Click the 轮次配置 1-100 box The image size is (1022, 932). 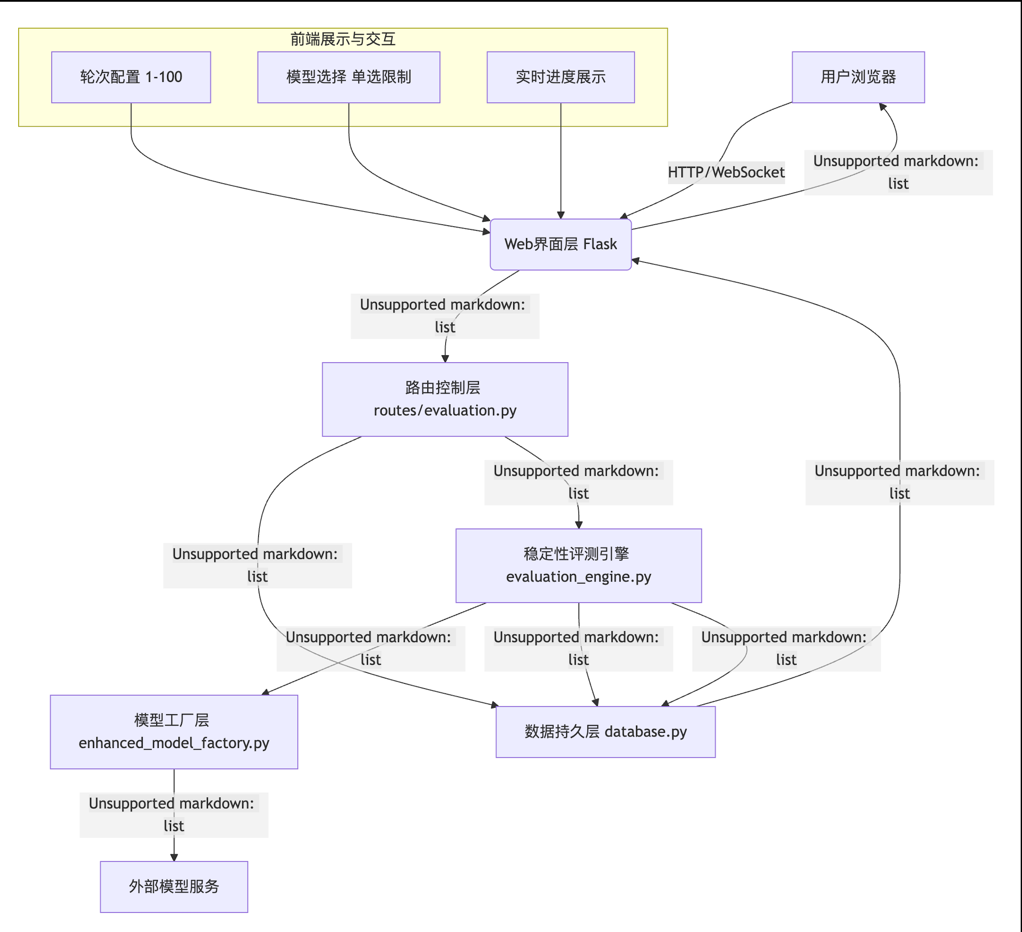click(131, 77)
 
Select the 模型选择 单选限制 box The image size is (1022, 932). click(348, 77)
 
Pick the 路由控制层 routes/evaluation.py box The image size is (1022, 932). click(445, 399)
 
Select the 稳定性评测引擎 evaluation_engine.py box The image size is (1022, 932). click(578, 565)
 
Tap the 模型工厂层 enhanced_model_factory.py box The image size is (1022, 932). click(174, 731)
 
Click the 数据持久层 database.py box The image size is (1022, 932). click(605, 731)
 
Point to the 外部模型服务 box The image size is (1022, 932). click(174, 886)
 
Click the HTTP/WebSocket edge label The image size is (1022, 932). click(726, 172)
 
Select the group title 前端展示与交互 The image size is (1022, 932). click(343, 39)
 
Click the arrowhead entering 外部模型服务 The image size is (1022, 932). click(174, 857)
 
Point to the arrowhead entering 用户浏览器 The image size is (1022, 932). click(883, 107)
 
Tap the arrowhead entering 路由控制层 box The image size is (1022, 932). click(445, 358)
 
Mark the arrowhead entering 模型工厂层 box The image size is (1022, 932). click(265, 692)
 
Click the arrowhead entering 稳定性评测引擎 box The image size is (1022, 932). click(578, 525)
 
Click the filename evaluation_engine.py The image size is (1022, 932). click(578, 577)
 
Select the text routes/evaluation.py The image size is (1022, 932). click(445, 410)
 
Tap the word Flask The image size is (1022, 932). click(600, 244)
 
